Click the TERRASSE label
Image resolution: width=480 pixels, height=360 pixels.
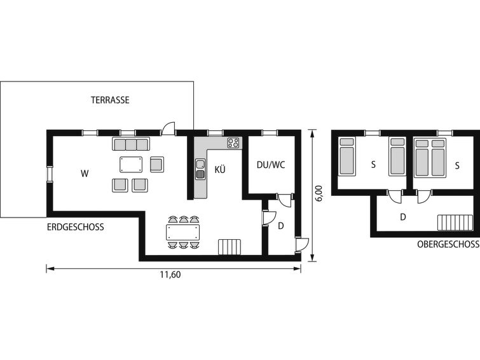coord(110,100)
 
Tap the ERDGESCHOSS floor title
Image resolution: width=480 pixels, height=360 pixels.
coord(75,227)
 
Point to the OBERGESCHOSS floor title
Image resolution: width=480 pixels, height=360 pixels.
coord(448,244)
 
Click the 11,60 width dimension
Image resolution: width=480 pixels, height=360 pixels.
coord(170,275)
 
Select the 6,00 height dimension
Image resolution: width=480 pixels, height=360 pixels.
coord(319,193)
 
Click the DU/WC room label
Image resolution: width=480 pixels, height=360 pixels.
coord(271,165)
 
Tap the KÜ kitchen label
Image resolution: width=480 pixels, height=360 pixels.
coord(220,169)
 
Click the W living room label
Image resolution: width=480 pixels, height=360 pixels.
coord(85,174)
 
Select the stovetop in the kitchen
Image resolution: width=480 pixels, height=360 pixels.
coord(233,142)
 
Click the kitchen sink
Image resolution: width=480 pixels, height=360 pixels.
coord(200,169)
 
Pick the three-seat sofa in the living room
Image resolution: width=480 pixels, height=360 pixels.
coord(131,144)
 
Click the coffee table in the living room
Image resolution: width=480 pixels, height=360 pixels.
coord(131,165)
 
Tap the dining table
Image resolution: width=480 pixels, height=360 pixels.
coord(182,233)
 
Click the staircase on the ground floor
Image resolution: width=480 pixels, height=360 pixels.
coord(230,247)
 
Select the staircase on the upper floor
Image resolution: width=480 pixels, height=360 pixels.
coord(454,223)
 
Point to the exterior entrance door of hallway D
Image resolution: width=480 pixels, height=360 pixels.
coord(302,245)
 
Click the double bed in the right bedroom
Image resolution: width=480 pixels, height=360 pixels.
coord(430,158)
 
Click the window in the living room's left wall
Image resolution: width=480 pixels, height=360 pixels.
coord(50,174)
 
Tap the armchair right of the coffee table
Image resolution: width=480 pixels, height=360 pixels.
coord(157,165)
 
